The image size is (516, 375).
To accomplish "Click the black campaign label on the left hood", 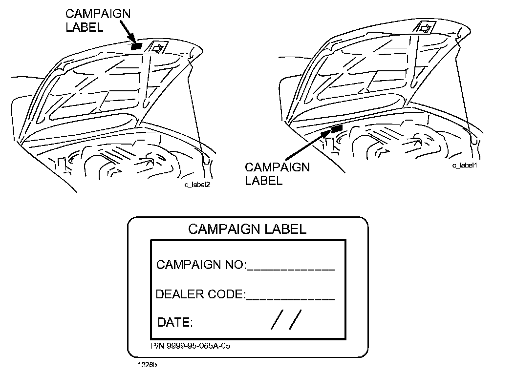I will pyautogui.click(x=137, y=46).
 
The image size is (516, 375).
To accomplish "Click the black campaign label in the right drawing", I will pyautogui.click(x=336, y=129).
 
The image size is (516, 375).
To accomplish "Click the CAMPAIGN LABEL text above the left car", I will pyautogui.click(x=98, y=21).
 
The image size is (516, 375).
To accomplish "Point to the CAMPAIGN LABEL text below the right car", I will pyautogui.click(x=277, y=174).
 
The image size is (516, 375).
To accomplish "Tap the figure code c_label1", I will pyautogui.click(x=464, y=166).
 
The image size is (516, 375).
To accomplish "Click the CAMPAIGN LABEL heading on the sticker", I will pyautogui.click(x=247, y=229).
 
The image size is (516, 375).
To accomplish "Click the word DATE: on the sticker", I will pyautogui.click(x=175, y=322).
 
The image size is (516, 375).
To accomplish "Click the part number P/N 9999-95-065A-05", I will pyautogui.click(x=191, y=346).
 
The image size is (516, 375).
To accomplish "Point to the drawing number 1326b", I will pyautogui.click(x=147, y=364).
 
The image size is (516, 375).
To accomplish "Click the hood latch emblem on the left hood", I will pyautogui.click(x=158, y=47).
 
